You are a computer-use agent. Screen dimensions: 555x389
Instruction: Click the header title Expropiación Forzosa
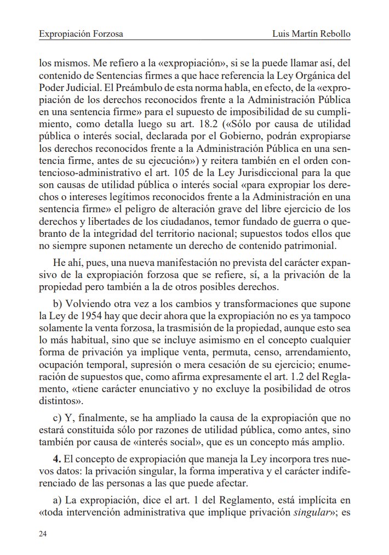[x=81, y=34]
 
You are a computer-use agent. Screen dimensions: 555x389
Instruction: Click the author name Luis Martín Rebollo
[x=311, y=34]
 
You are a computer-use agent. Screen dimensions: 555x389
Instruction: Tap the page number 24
[x=43, y=533]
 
